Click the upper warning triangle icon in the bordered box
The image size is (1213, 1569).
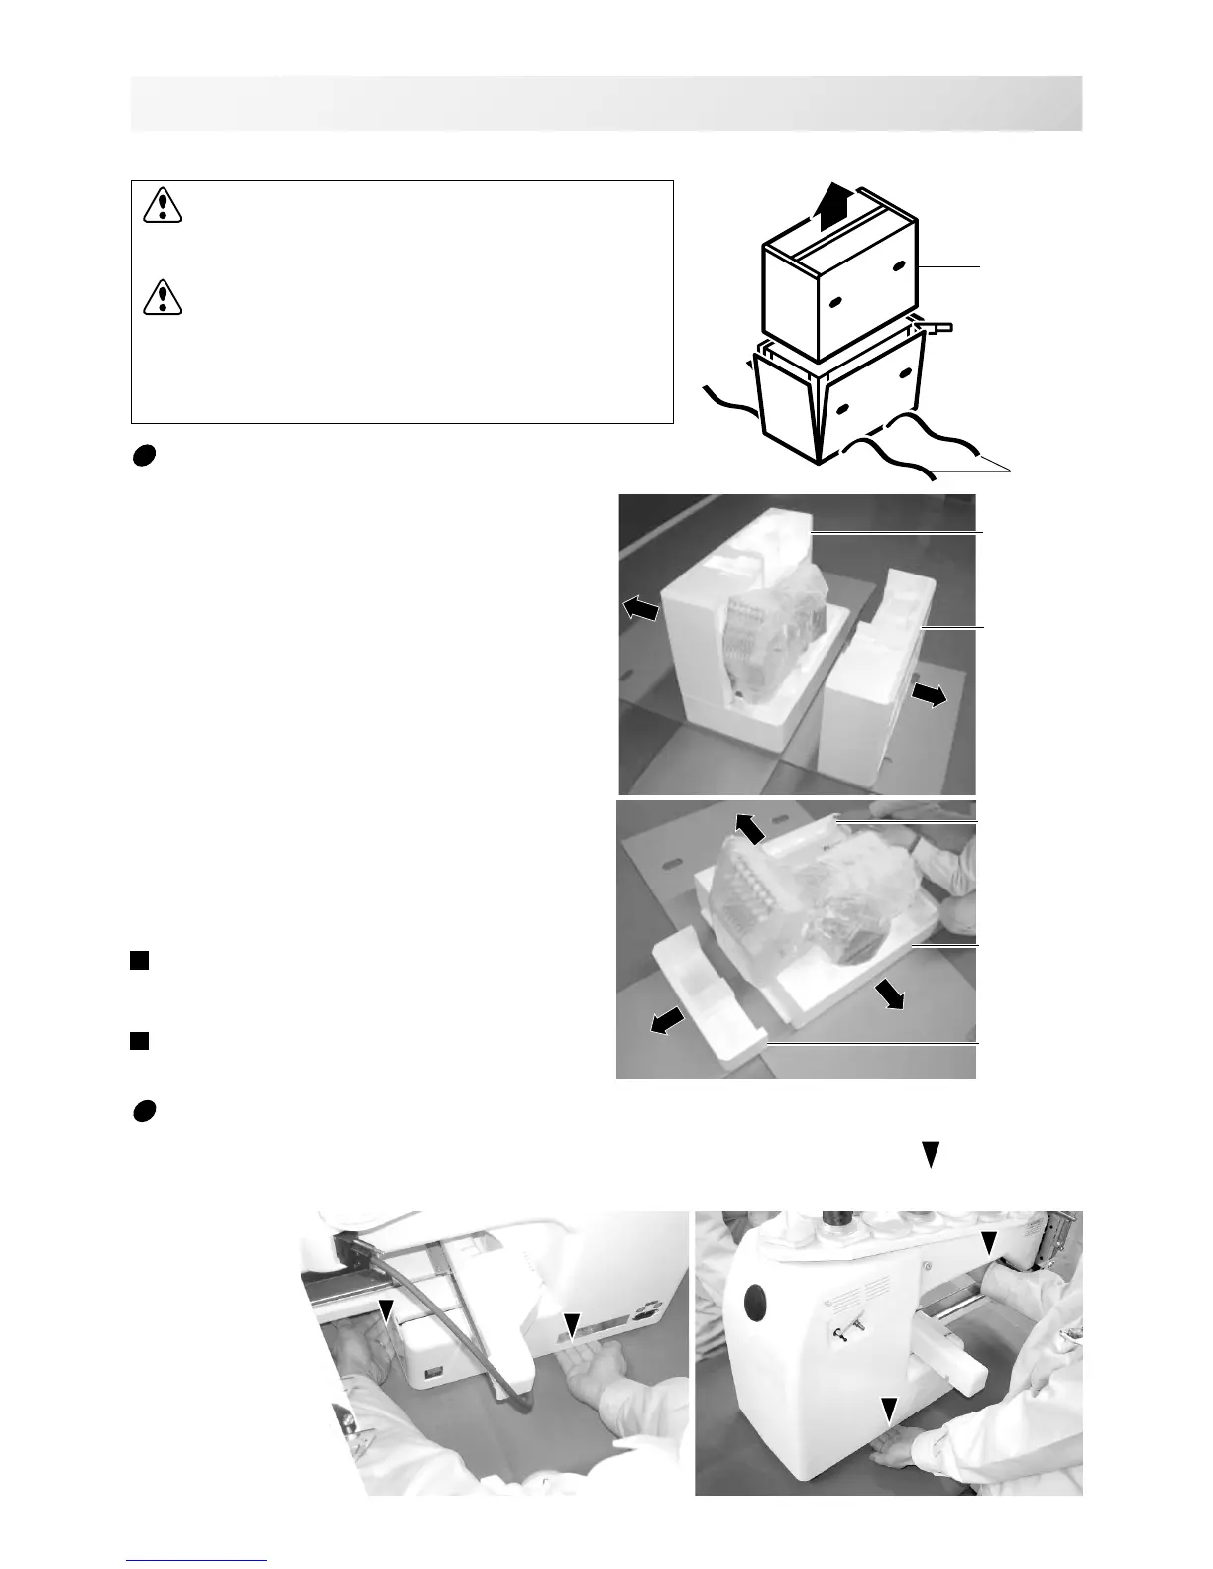click(x=162, y=206)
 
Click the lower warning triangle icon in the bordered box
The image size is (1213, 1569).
click(x=162, y=296)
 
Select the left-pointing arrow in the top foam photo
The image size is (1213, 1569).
click(x=639, y=609)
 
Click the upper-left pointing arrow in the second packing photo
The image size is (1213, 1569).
click(x=750, y=827)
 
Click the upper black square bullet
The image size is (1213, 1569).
click(x=139, y=959)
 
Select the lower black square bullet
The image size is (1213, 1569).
click(x=139, y=1039)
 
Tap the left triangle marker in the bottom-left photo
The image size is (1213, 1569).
click(x=386, y=1310)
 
